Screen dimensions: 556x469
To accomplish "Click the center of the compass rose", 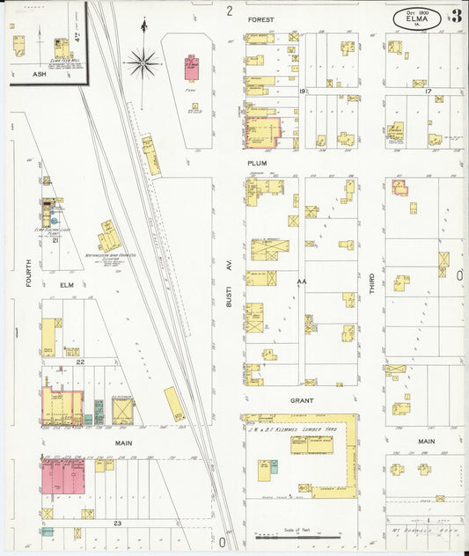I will click(x=142, y=62).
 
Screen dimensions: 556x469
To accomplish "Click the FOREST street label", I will click(x=260, y=18).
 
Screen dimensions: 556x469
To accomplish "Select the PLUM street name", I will click(x=257, y=163).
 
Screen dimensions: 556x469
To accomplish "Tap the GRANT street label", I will click(x=303, y=399).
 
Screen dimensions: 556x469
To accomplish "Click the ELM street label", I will click(x=67, y=285).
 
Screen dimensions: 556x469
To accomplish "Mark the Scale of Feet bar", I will click(x=297, y=535).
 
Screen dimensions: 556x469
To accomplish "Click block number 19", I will click(x=301, y=91).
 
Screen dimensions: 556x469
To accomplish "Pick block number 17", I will click(x=428, y=91).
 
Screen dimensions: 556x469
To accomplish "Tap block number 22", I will click(x=79, y=362).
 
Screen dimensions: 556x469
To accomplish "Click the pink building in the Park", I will click(x=191, y=67).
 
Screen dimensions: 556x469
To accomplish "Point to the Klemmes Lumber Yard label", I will click(x=306, y=428).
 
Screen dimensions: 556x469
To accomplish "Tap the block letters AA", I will click(x=301, y=282).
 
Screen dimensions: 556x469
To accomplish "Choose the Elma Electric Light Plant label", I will click(x=51, y=231).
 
